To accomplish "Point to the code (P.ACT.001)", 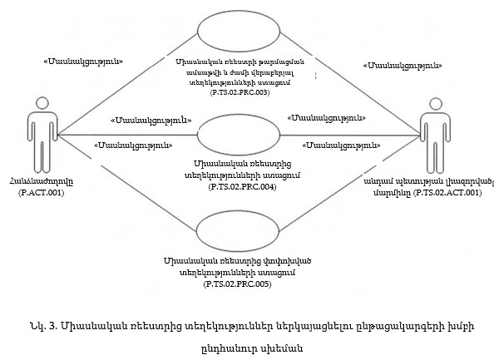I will point(41,193).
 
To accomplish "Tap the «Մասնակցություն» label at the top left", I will point(83,62).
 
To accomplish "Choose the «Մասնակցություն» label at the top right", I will point(403,64).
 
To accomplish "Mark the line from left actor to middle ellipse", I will point(125,134).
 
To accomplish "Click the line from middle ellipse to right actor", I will point(349,134).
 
